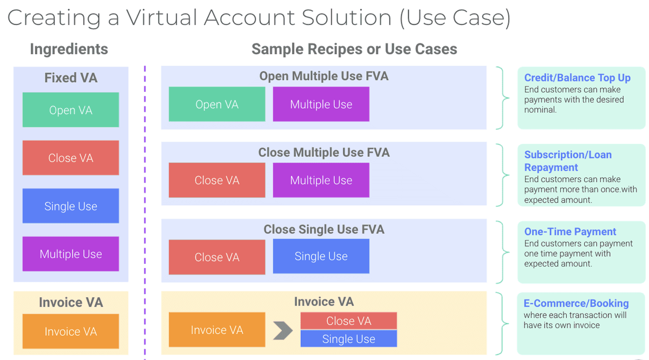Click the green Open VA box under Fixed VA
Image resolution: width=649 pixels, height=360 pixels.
tap(71, 110)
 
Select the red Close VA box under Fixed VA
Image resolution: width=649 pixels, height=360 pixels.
tap(71, 158)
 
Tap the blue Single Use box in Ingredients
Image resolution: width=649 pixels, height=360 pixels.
tap(71, 206)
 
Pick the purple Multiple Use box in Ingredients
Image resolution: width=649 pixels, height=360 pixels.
tap(71, 254)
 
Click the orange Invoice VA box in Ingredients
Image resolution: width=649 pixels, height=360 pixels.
tap(71, 331)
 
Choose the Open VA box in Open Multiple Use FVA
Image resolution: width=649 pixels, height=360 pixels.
tap(217, 104)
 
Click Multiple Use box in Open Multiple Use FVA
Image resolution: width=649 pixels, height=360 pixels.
tap(321, 104)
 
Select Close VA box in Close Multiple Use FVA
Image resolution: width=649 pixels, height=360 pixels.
tap(217, 180)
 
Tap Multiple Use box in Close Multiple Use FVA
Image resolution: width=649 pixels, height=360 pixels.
tap(321, 180)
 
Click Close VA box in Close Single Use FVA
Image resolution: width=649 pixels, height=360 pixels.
tap(217, 257)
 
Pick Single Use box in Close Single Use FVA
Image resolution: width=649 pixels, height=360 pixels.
tap(321, 256)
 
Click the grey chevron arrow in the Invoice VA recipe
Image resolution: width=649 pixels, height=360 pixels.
tap(282, 330)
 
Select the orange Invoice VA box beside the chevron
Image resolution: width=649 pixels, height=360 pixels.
tap(217, 330)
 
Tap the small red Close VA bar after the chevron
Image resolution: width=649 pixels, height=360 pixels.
tap(349, 321)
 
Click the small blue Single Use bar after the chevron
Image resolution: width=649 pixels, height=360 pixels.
tap(349, 339)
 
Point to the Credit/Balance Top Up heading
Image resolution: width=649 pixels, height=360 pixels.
tap(577, 78)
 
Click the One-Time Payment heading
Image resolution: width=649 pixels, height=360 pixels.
tap(570, 231)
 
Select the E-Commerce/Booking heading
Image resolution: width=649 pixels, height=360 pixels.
tap(576, 303)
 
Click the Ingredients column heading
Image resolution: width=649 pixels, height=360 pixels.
tap(69, 49)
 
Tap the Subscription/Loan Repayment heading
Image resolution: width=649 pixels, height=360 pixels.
tap(568, 161)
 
